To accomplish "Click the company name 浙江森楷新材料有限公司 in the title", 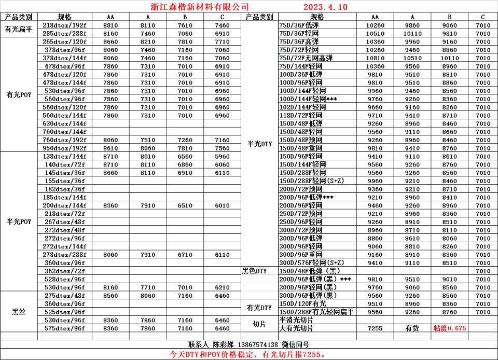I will pos(196,7).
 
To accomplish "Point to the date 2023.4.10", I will pos(325,7).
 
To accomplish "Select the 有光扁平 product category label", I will pos(19,29).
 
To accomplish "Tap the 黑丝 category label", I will pos(19,312).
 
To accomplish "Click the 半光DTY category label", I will pos(259,144).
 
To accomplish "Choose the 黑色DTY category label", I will pos(254,271).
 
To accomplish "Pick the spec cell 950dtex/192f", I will pos(64,148).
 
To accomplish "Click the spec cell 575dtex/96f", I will pos(64,328).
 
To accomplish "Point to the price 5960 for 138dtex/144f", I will pos(222,156).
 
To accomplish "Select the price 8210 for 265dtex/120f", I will pos(147,41).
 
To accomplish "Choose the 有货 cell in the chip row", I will pos(412,328).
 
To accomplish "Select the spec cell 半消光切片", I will pos(297,320).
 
